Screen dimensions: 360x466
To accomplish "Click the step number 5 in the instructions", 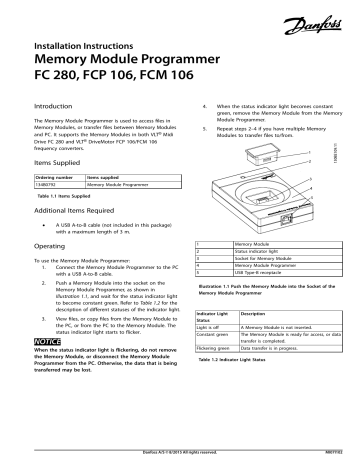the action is tap(206, 129).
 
